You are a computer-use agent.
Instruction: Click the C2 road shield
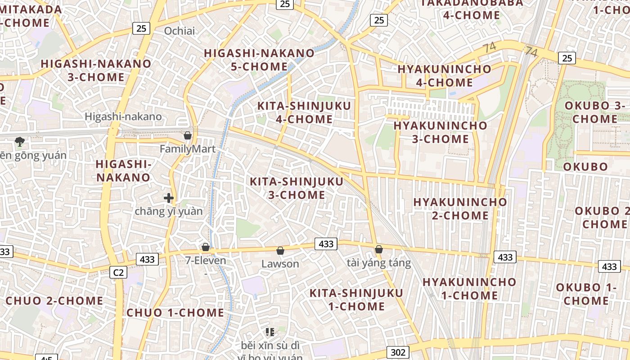(118, 272)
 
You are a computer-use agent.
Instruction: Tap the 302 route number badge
(398, 352)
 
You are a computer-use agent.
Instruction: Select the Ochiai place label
(180, 31)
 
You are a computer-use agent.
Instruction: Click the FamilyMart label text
(188, 149)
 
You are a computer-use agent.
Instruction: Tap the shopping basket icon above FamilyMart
(188, 135)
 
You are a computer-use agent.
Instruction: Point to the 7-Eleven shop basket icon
(206, 247)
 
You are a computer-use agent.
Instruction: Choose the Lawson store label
(280, 264)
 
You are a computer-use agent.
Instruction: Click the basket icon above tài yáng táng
(379, 249)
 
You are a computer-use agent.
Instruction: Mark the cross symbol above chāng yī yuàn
(169, 198)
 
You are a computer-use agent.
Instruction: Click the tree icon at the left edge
(19, 142)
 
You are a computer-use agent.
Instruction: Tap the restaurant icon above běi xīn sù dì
(270, 333)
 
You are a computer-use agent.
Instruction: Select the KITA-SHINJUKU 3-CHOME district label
(297, 189)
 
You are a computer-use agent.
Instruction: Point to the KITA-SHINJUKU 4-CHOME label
(304, 112)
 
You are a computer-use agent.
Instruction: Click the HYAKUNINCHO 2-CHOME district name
(460, 209)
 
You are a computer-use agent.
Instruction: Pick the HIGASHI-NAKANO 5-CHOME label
(259, 60)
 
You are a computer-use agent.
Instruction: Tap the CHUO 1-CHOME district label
(175, 313)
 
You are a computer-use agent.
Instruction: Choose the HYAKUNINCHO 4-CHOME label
(444, 76)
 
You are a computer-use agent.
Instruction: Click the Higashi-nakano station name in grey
(123, 117)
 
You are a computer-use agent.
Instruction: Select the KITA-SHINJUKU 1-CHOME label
(356, 300)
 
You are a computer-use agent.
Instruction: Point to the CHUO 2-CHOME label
(54, 301)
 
